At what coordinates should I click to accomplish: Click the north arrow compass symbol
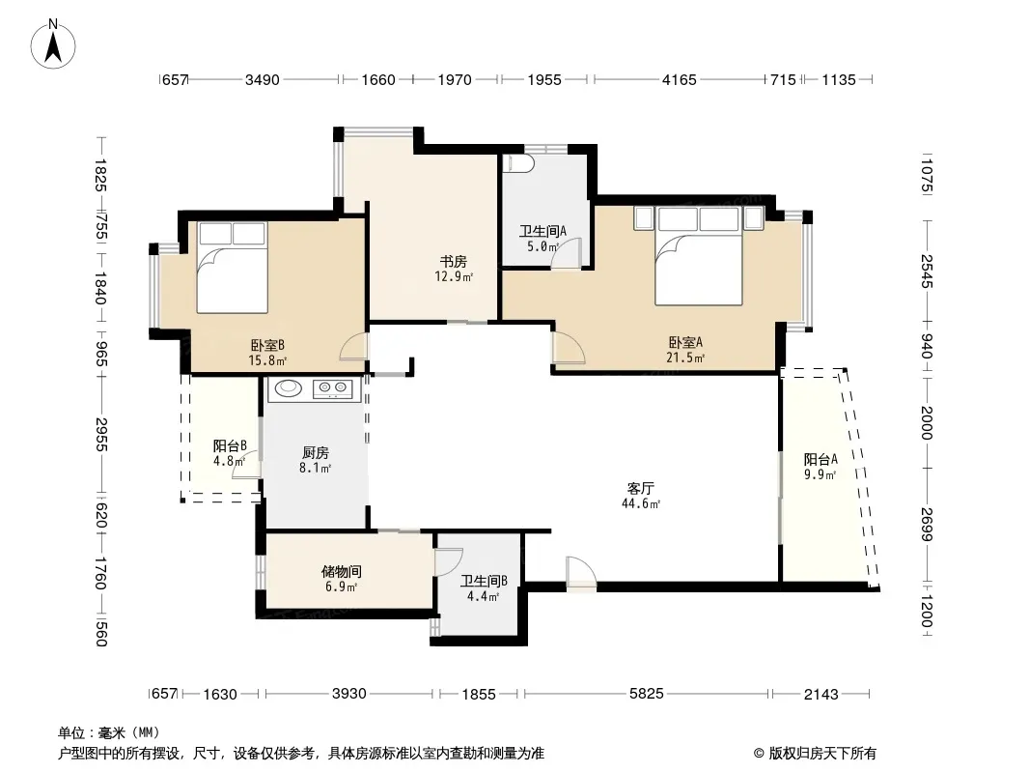(53, 43)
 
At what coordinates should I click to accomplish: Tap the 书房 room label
(454, 262)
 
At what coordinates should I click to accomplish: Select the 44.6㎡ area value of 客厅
(641, 503)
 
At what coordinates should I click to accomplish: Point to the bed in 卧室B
(233, 268)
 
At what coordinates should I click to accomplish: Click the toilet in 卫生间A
(518, 163)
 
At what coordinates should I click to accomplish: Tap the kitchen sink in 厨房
(288, 388)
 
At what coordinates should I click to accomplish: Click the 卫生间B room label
(484, 582)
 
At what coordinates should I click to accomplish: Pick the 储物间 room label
(342, 571)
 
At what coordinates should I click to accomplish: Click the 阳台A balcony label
(820, 459)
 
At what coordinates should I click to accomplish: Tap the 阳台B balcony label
(230, 445)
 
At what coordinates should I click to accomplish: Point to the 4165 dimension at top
(680, 79)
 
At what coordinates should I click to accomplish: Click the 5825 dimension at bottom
(647, 693)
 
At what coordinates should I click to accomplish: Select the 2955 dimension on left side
(101, 434)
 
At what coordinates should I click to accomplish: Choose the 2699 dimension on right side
(926, 524)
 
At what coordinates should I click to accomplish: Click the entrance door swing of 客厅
(581, 572)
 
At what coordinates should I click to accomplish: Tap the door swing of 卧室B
(353, 348)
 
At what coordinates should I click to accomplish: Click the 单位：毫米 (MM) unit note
(109, 732)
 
